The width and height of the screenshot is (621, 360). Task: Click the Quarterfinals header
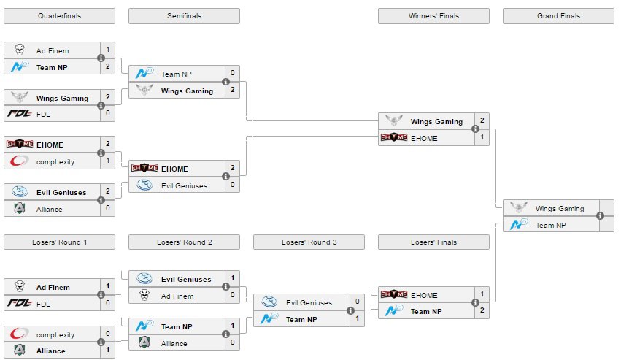pos(59,15)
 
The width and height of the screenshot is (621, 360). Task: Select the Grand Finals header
pos(558,15)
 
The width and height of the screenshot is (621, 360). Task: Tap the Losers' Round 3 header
pos(309,242)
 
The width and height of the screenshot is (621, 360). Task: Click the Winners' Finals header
pos(433,15)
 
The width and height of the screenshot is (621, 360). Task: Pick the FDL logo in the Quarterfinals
pos(18,113)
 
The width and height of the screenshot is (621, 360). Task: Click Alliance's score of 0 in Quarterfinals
pos(108,209)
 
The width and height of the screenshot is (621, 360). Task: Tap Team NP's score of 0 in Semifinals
pos(233,73)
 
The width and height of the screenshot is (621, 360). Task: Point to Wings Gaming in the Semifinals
pos(187,91)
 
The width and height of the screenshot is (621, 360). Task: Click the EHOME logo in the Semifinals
pos(144,169)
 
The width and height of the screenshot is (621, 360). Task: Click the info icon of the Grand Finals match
pos(600,216)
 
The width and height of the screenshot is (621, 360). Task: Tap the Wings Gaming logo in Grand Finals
pos(518,208)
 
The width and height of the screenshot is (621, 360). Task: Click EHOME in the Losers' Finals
pos(424,295)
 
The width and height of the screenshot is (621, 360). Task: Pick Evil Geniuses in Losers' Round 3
pos(309,302)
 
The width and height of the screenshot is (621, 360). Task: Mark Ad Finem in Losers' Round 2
pos(177,296)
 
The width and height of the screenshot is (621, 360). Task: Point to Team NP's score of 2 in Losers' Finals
pos(482,311)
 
